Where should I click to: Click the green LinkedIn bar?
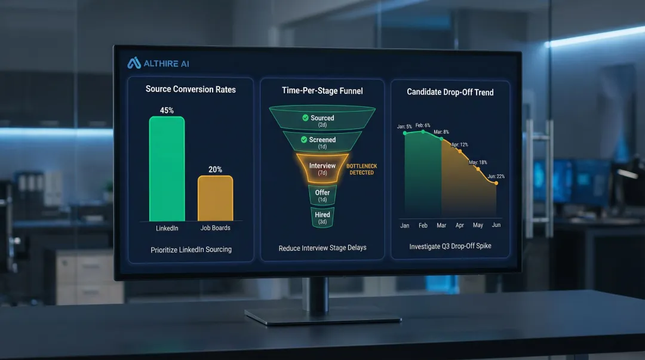pyautogui.click(x=167, y=170)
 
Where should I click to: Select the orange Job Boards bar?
pyautogui.click(x=215, y=199)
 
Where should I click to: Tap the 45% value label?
pyautogui.click(x=167, y=110)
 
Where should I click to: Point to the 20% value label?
pyautogui.click(x=215, y=170)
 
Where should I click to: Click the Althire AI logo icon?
pyautogui.click(x=134, y=63)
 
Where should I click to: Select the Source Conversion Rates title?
pyautogui.click(x=191, y=90)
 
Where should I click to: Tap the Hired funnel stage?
pyautogui.click(x=322, y=218)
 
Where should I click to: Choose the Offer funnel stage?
pyautogui.click(x=322, y=195)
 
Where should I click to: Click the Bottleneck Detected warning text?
pyautogui.click(x=361, y=169)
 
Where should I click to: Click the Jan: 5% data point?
pyautogui.click(x=405, y=133)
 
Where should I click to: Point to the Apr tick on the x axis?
pyautogui.click(x=459, y=226)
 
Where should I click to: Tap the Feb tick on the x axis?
pyautogui.click(x=423, y=226)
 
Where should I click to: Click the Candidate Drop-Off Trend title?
pyautogui.click(x=450, y=92)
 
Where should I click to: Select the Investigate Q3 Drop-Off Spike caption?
pyautogui.click(x=450, y=246)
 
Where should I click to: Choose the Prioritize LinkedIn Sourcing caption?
pyautogui.click(x=191, y=250)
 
